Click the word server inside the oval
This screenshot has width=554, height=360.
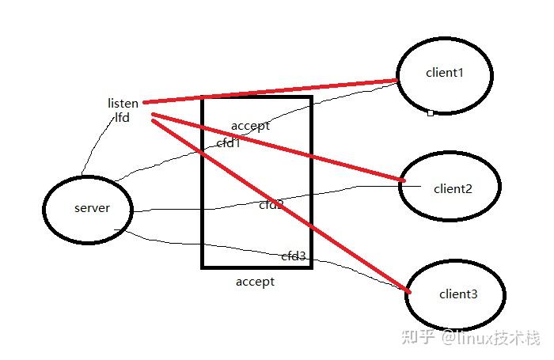click(x=92, y=208)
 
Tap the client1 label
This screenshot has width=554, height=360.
click(x=443, y=73)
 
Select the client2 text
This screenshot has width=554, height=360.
click(x=453, y=188)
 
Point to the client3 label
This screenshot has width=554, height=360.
click(x=458, y=294)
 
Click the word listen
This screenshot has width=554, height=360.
click(x=123, y=103)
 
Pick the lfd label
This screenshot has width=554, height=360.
click(x=122, y=117)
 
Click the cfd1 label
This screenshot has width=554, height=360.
click(x=228, y=143)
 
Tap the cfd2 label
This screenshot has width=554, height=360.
click(x=271, y=205)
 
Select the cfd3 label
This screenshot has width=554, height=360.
click(x=294, y=256)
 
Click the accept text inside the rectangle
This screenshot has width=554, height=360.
click(x=250, y=126)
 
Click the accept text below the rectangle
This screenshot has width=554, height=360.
click(x=255, y=282)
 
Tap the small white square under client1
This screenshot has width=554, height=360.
click(x=430, y=113)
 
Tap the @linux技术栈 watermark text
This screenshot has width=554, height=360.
click(x=491, y=338)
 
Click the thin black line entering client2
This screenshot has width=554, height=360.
click(x=372, y=187)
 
